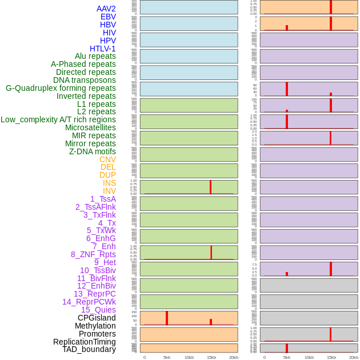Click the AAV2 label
[106, 9]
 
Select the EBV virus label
[108, 17]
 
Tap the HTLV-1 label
[102, 49]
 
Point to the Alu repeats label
[95, 56]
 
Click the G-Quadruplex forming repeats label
[61, 88]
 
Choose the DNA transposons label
[84, 80]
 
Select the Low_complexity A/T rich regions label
[58, 119]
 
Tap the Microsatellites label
[90, 127]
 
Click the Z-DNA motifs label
[92, 151]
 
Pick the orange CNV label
[107, 159]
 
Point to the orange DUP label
[107, 175]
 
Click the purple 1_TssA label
[103, 199]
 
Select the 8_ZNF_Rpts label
[93, 254]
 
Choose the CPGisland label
[97, 318]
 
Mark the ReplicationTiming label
[84, 342]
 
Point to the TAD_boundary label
[89, 349]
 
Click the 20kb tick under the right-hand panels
[353, 357]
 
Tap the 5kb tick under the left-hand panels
[167, 357]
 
